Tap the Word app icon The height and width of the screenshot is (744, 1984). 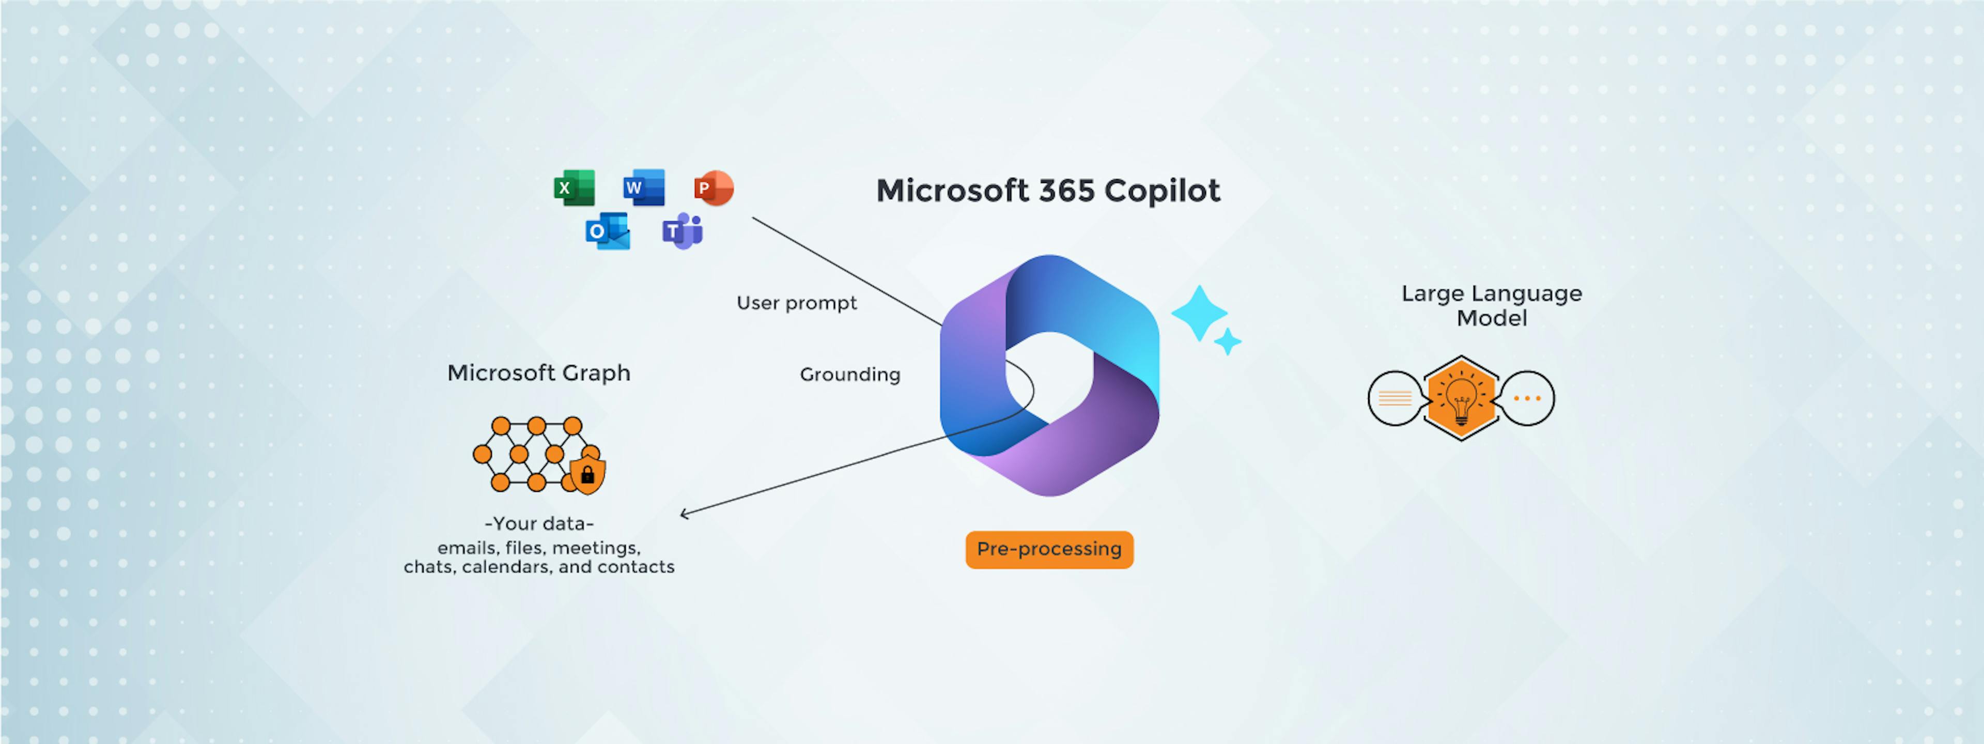tap(644, 187)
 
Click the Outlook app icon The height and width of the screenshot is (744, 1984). tap(608, 231)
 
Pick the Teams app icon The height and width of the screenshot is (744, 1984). tap(683, 231)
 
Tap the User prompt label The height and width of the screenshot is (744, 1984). tap(796, 303)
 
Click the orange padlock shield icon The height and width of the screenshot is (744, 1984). tap(587, 474)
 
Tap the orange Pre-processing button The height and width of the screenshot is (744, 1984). tap(1049, 549)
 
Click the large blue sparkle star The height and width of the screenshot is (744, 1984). tap(1199, 313)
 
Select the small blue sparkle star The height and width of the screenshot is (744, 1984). tap(1228, 341)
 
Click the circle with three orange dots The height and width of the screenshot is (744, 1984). tap(1527, 398)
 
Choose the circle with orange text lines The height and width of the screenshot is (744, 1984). tap(1395, 398)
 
